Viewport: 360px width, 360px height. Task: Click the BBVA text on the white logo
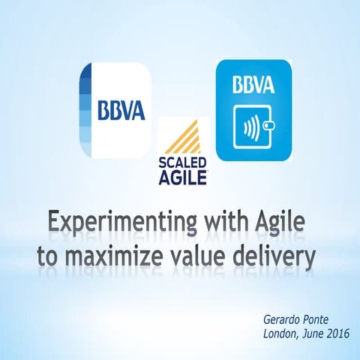pos(121,109)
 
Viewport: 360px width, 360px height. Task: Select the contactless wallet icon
pos(253,126)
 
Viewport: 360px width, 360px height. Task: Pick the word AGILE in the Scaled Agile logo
pos(183,177)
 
